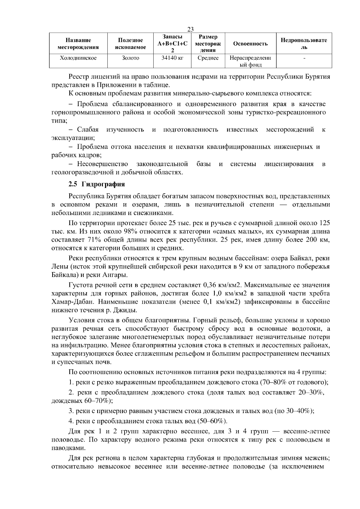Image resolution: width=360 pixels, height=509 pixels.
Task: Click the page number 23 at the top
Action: [x=190, y=29]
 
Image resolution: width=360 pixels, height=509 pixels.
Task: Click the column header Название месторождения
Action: [x=78, y=44]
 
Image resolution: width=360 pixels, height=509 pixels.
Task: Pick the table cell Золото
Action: [x=130, y=58]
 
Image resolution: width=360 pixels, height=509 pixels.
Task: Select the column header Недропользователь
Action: [x=304, y=44]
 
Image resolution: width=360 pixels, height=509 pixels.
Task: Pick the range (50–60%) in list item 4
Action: [x=212, y=421]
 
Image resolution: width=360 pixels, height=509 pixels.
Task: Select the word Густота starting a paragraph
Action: [x=79, y=285]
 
